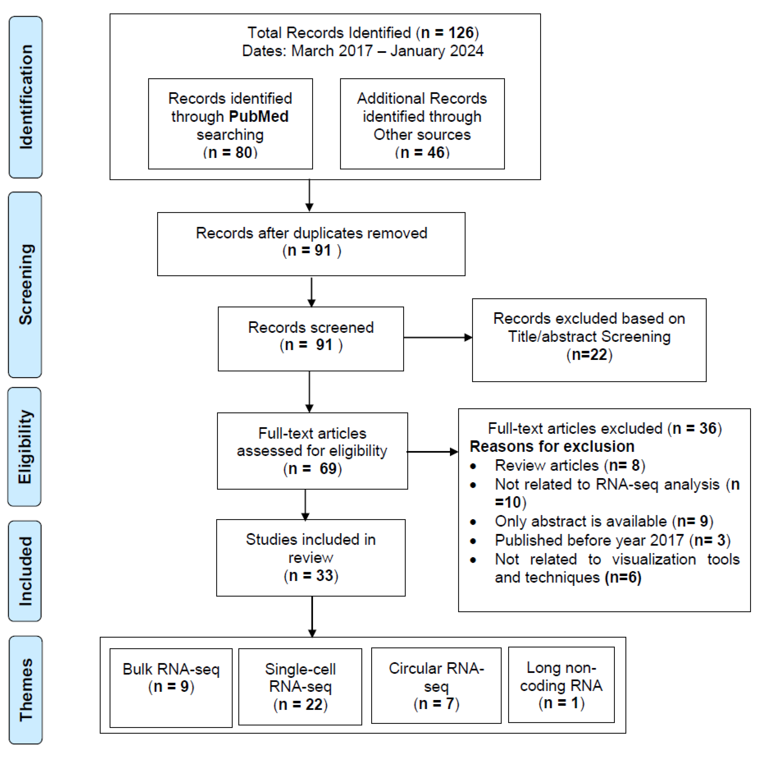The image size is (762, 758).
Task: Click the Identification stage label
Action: pos(26,97)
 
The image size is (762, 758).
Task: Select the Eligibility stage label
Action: pos(24,447)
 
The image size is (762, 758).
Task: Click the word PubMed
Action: pos(258,116)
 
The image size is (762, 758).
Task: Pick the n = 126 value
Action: pos(447,33)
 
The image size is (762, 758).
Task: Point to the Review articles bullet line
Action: pos(569,466)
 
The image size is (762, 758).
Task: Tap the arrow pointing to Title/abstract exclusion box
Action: pos(438,338)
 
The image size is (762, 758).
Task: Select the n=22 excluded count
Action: pos(589,355)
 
